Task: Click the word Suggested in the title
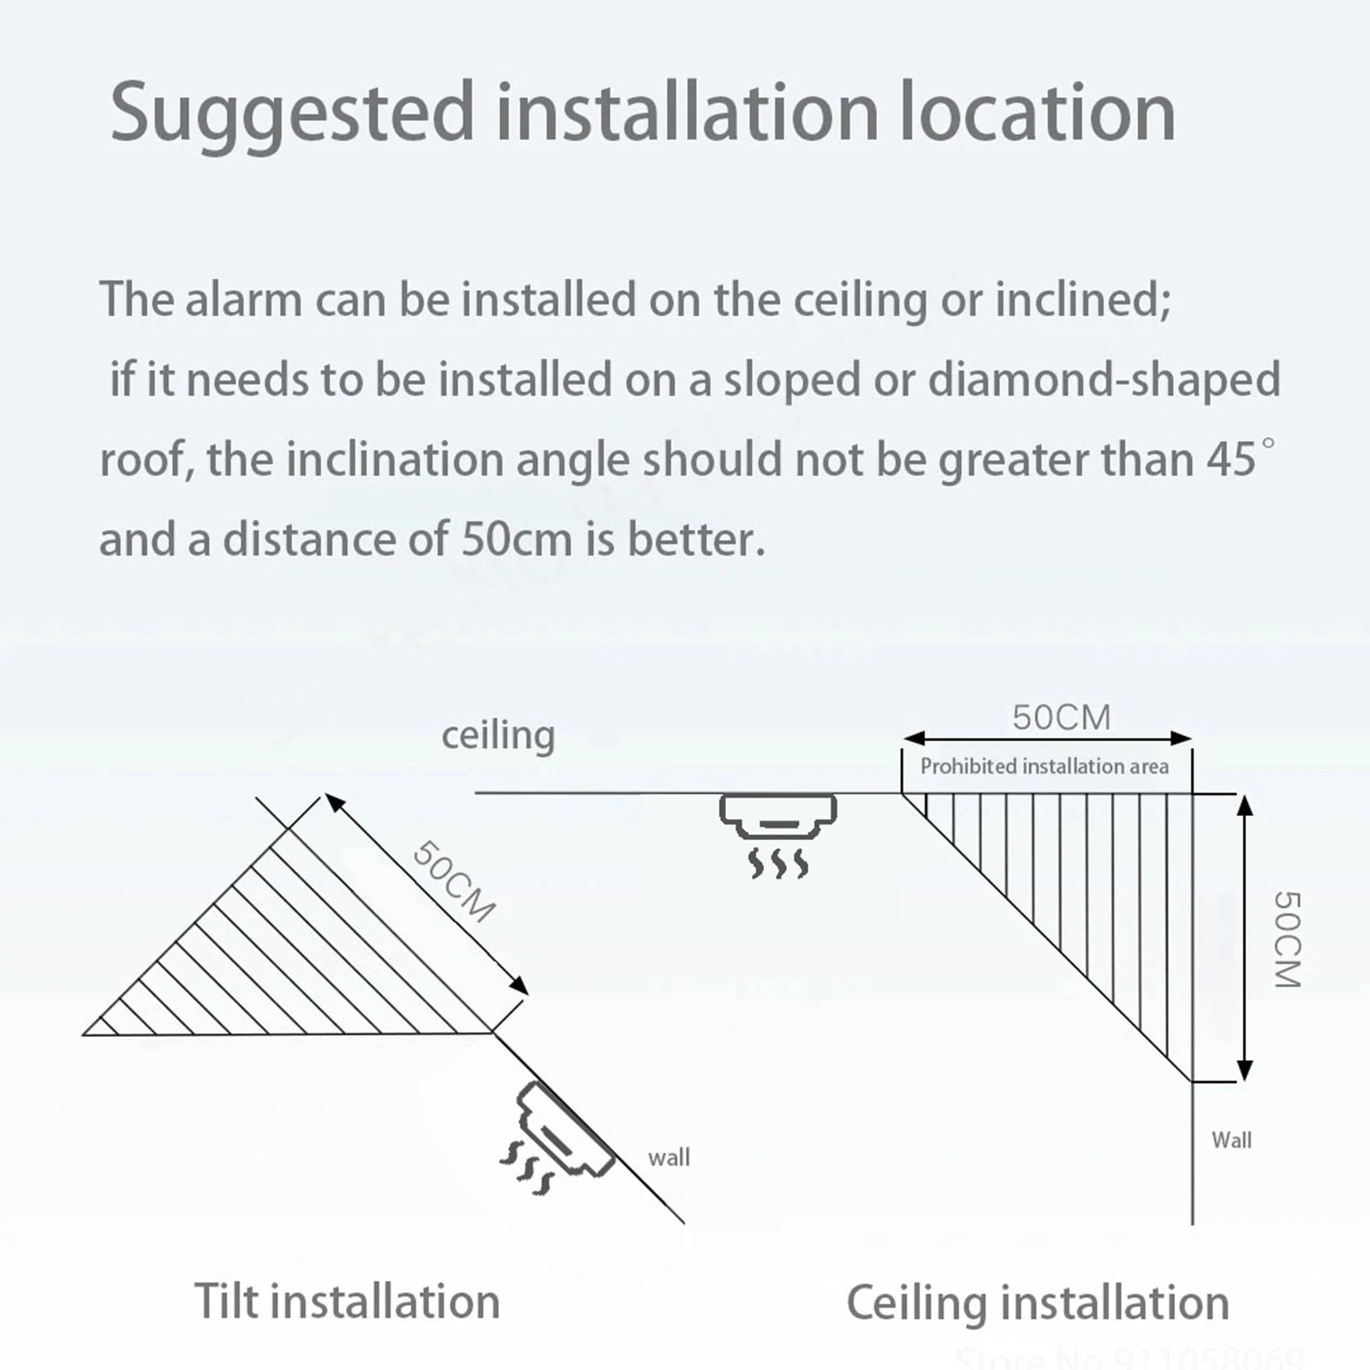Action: point(291,113)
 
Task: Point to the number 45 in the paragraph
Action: point(1230,460)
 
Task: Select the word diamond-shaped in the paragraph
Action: point(1104,379)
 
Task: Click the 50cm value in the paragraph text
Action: point(515,539)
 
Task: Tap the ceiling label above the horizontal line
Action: point(497,735)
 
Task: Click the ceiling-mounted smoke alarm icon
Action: point(777,815)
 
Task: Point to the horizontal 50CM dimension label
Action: point(1061,718)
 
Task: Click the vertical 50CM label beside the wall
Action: point(1287,939)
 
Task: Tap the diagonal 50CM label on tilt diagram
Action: point(454,881)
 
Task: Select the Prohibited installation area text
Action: point(1044,766)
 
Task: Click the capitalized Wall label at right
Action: point(1231,1140)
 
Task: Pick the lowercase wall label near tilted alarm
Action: point(669,1158)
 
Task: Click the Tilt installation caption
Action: point(347,1301)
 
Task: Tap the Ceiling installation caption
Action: point(1038,1303)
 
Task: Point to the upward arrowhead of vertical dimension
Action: point(1246,804)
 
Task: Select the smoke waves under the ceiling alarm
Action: point(777,863)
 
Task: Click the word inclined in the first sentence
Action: point(1081,300)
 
